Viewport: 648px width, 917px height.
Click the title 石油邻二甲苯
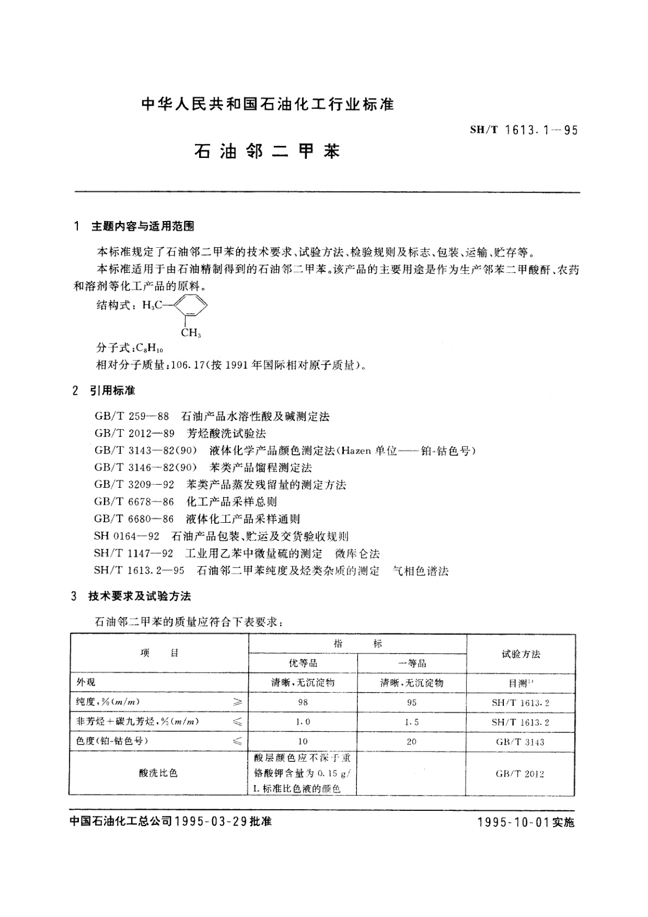pos(267,151)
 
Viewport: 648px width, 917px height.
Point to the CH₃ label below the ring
pos(190,333)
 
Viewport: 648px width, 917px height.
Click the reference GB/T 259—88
pos(132,417)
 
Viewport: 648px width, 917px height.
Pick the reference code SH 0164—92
pos(127,536)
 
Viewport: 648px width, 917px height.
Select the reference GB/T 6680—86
pos(134,519)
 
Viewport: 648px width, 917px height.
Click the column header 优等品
pos(303,663)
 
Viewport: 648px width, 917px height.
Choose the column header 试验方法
pos(521,653)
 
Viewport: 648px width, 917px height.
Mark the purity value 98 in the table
pos(303,702)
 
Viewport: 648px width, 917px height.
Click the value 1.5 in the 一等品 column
pos(411,722)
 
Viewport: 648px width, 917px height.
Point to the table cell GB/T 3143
pos(520,742)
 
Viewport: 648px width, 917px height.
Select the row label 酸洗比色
pos(158,773)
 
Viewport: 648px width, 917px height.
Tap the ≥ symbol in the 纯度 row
pos(237,702)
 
